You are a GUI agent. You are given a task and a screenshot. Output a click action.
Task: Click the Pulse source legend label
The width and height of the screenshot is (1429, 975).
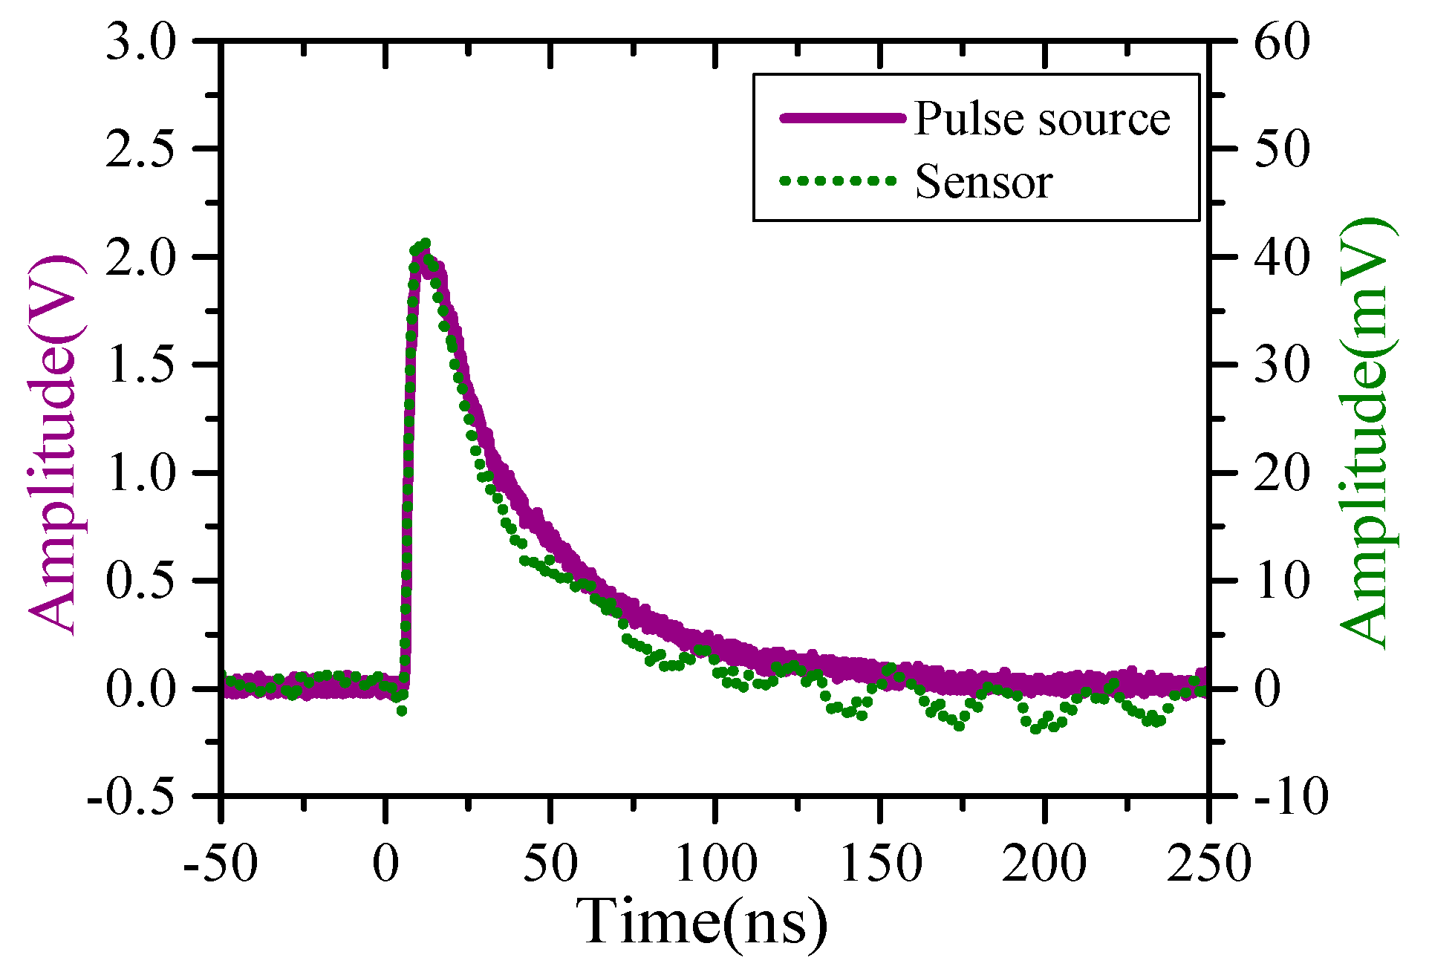click(x=1041, y=119)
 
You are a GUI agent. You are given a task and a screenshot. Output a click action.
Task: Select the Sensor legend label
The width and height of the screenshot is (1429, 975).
click(x=983, y=182)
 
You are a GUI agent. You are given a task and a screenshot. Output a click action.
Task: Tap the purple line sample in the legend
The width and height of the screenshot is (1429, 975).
click(x=842, y=118)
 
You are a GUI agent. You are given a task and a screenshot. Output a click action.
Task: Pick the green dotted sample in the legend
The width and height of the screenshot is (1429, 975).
click(x=838, y=180)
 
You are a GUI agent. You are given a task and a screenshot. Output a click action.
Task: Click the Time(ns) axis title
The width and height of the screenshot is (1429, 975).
click(x=702, y=922)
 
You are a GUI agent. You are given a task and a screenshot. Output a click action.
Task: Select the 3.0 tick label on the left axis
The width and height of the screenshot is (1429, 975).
click(x=140, y=42)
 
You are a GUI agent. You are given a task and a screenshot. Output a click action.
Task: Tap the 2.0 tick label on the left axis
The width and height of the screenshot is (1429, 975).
click(x=140, y=257)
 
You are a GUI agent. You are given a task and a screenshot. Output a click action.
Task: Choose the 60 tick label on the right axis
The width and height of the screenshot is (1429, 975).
click(x=1280, y=42)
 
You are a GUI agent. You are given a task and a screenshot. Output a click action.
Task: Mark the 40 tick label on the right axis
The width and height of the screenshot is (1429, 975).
click(x=1280, y=257)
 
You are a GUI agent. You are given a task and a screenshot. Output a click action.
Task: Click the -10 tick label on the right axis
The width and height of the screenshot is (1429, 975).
click(x=1289, y=798)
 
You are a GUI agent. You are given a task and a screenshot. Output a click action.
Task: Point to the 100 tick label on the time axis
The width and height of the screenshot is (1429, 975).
click(x=715, y=864)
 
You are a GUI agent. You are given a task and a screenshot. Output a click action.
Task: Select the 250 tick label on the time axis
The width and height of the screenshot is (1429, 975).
click(x=1208, y=864)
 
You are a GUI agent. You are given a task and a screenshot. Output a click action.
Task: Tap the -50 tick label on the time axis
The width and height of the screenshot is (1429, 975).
click(x=221, y=864)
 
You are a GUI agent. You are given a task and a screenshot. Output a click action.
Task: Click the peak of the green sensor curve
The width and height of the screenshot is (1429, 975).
click(x=425, y=244)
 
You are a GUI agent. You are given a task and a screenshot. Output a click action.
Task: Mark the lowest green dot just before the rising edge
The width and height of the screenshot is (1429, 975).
click(x=402, y=711)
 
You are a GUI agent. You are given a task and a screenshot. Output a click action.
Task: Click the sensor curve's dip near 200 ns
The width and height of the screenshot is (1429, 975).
click(x=1035, y=729)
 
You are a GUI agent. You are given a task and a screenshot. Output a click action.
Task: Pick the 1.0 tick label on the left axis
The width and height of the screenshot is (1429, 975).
click(x=140, y=473)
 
